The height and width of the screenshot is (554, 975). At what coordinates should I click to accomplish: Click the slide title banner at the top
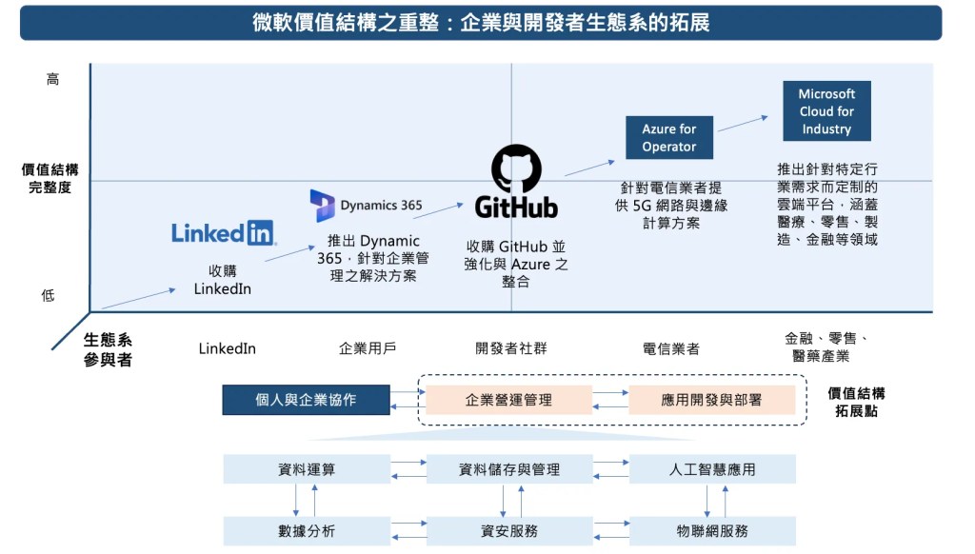pyautogui.click(x=481, y=23)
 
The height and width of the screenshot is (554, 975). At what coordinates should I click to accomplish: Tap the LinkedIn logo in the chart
pyautogui.click(x=223, y=232)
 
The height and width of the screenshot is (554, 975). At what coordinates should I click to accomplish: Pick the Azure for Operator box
pyautogui.click(x=668, y=138)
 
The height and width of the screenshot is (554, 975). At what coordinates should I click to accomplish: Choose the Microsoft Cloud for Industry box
pyautogui.click(x=826, y=111)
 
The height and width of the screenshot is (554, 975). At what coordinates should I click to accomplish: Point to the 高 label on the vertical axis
pyautogui.click(x=52, y=80)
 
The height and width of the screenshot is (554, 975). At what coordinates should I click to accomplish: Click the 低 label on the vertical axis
pyautogui.click(x=48, y=295)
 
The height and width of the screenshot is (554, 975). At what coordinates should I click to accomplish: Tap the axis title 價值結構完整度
pyautogui.click(x=50, y=179)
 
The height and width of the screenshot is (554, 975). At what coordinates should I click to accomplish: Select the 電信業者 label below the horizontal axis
pyautogui.click(x=671, y=348)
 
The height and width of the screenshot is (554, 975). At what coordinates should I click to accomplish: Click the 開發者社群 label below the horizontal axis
pyautogui.click(x=511, y=348)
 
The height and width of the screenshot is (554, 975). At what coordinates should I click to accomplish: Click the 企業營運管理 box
pyautogui.click(x=508, y=400)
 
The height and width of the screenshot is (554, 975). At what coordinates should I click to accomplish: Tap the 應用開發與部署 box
pyautogui.click(x=711, y=400)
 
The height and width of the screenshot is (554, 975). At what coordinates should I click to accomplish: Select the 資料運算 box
pyautogui.click(x=307, y=469)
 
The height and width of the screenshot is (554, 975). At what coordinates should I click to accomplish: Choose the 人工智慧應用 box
pyautogui.click(x=712, y=469)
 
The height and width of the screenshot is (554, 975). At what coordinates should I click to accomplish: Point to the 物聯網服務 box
pyautogui.click(x=712, y=530)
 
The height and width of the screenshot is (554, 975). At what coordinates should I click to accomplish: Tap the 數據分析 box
pyautogui.click(x=307, y=530)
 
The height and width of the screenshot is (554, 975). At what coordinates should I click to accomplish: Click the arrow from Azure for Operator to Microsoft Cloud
pyautogui.click(x=743, y=124)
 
